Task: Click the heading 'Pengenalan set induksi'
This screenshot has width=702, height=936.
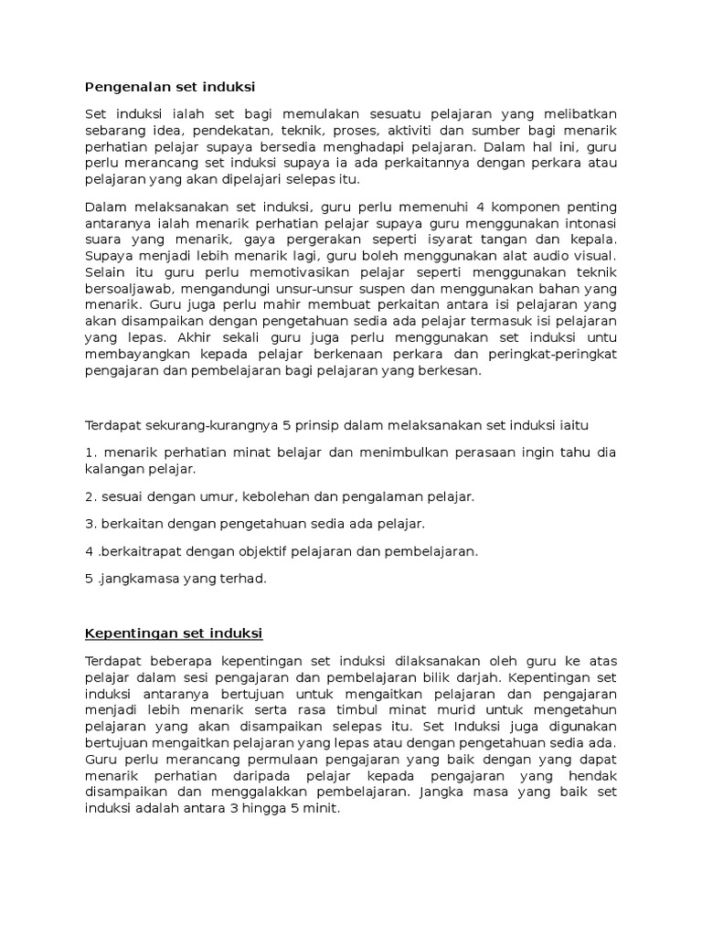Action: pyautogui.click(x=169, y=87)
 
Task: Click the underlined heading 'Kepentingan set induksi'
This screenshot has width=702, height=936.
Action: pyautogui.click(x=174, y=632)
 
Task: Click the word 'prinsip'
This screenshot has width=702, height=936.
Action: pyautogui.click(x=317, y=426)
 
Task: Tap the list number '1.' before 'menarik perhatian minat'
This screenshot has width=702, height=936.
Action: pyautogui.click(x=90, y=452)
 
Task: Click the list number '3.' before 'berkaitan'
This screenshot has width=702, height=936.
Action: pyautogui.click(x=90, y=524)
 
